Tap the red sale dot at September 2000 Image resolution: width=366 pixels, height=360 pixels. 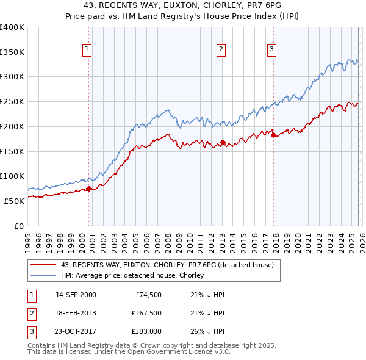[x=88, y=189]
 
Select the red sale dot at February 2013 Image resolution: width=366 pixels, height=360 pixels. [x=223, y=142]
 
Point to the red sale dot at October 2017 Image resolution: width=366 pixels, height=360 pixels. [x=273, y=134]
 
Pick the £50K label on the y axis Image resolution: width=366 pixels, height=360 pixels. [x=14, y=201]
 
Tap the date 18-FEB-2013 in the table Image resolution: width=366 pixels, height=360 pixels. [x=76, y=313]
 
